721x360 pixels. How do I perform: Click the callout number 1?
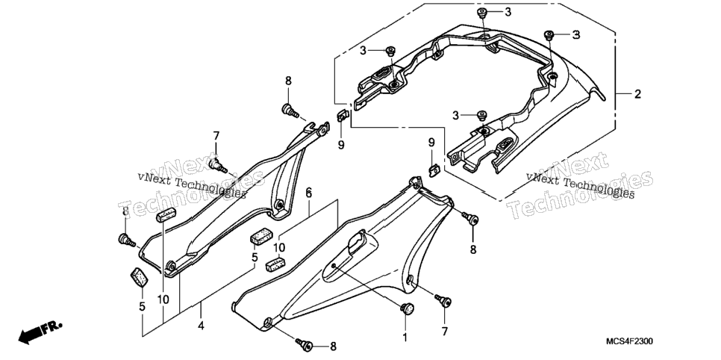tap(405, 338)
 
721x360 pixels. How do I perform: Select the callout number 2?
tap(637, 94)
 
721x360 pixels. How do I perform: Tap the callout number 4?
tap(201, 326)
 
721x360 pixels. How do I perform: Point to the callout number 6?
tap(308, 193)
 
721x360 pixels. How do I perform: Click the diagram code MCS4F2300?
tap(629, 341)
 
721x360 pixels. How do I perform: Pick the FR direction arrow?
tap(40, 332)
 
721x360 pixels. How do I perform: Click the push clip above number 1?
tap(406, 309)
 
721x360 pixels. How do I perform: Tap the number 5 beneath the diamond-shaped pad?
tap(142, 305)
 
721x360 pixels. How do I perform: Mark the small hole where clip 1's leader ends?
tap(334, 266)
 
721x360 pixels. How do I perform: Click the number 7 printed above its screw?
tap(216, 136)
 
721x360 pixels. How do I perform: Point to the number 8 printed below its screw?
tap(472, 250)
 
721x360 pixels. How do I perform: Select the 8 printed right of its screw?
tap(334, 347)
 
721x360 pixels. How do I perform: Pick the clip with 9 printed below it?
tap(343, 116)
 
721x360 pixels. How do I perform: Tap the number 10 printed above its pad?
tap(278, 248)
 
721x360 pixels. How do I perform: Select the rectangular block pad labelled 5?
tap(260, 236)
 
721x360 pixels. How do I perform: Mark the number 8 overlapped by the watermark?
tap(125, 211)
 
